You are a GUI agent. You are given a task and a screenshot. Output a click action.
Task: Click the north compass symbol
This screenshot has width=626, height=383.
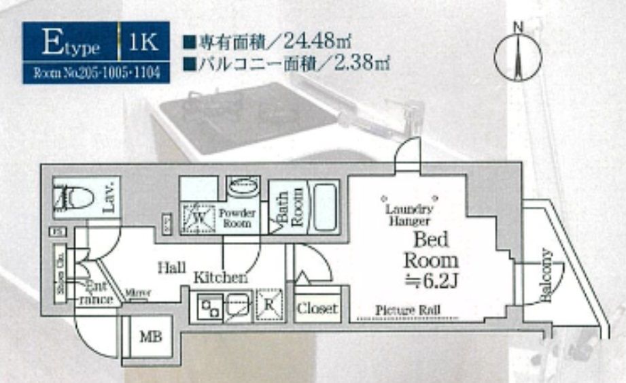pyautogui.click(x=518, y=56)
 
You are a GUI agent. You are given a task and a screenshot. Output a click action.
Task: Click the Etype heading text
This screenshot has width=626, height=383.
pyautogui.click(x=71, y=45)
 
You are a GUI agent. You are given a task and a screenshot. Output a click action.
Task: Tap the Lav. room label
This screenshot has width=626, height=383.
pyautogui.click(x=109, y=197)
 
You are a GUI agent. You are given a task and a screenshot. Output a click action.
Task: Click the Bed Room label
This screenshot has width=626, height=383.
pyautogui.click(x=431, y=250)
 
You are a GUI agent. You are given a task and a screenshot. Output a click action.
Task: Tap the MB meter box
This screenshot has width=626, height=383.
pyautogui.click(x=148, y=337)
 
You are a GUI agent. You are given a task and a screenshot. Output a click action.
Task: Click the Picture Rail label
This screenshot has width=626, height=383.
pyautogui.click(x=408, y=310)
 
